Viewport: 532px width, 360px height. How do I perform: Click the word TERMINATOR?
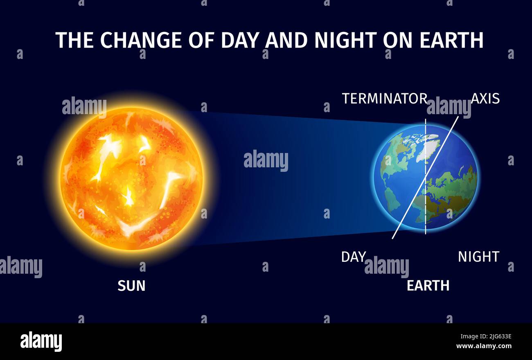385,99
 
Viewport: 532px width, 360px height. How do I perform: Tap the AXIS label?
485,99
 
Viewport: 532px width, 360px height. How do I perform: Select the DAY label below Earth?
353,257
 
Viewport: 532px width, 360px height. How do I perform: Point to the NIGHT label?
478,257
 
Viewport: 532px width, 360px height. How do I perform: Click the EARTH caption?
428,286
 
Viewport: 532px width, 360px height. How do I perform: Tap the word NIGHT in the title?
345,40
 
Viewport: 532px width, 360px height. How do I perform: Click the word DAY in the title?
241,40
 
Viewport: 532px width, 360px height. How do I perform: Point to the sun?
131,178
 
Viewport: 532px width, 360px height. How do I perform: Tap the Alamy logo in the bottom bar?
41,341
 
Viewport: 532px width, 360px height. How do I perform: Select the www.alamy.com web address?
484,346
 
